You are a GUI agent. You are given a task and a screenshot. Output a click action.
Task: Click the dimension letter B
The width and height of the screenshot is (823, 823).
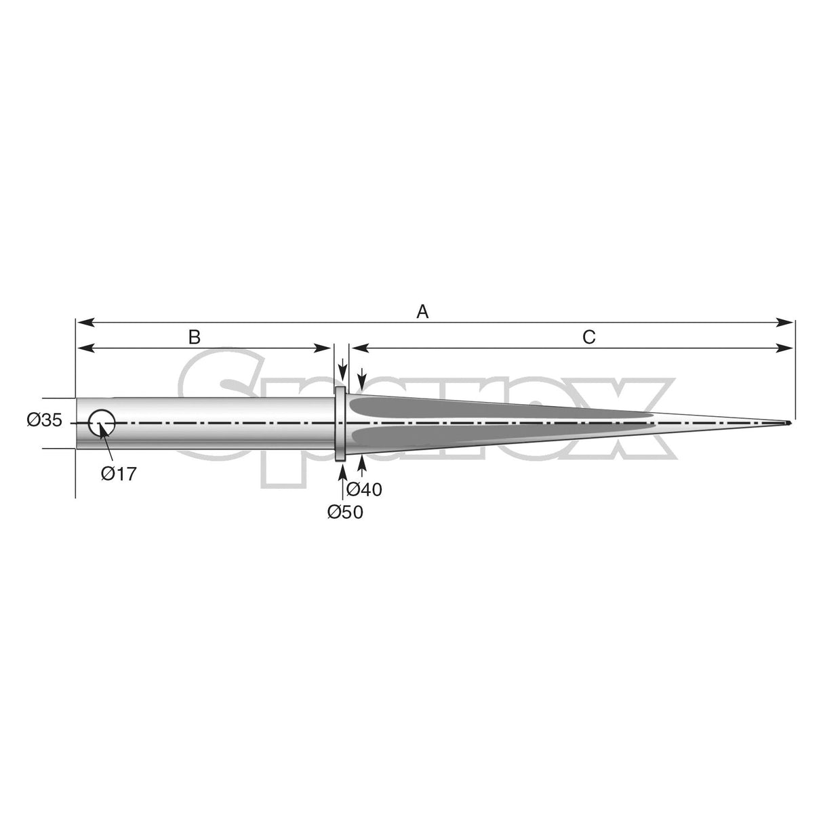[195, 336]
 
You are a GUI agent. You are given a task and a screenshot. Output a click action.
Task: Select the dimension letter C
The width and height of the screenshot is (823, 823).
[588, 336]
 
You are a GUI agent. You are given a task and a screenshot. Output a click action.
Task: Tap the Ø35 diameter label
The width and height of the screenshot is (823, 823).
[45, 421]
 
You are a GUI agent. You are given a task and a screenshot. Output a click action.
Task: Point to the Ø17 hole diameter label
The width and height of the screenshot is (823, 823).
[119, 473]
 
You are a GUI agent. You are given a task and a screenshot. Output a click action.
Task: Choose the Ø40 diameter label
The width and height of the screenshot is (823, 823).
[364, 488]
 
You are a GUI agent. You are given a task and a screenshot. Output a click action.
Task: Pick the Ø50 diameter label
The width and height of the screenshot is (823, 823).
[344, 513]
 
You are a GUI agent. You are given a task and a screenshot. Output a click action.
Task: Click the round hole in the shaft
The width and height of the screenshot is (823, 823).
[102, 423]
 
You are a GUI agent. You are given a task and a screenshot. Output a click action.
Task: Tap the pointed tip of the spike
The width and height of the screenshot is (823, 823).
[788, 424]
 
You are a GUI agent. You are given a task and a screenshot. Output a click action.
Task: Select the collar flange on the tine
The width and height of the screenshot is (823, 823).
[342, 423]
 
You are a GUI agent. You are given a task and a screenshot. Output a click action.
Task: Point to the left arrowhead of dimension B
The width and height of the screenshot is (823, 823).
[82, 348]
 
